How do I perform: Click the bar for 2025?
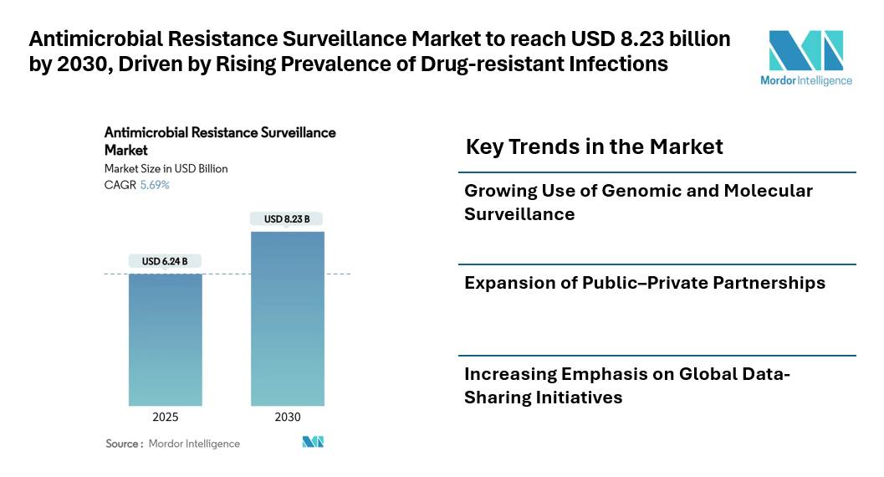coord(165,339)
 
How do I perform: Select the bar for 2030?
coord(287,318)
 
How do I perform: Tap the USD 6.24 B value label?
coord(165,261)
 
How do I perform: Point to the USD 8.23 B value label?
coord(287,219)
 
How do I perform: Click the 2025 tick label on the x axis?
coord(165,418)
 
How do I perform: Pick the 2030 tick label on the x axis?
coord(287,418)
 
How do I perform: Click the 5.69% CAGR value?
coord(154,185)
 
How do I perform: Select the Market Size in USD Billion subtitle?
coord(166,168)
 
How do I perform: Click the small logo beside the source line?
coord(313,442)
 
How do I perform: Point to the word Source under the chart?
coord(123,444)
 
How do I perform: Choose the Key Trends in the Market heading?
coord(594,146)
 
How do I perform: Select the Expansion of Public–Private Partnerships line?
coord(645,283)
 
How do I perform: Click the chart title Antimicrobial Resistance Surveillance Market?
coord(220,141)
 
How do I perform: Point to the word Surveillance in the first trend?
coord(519,214)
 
